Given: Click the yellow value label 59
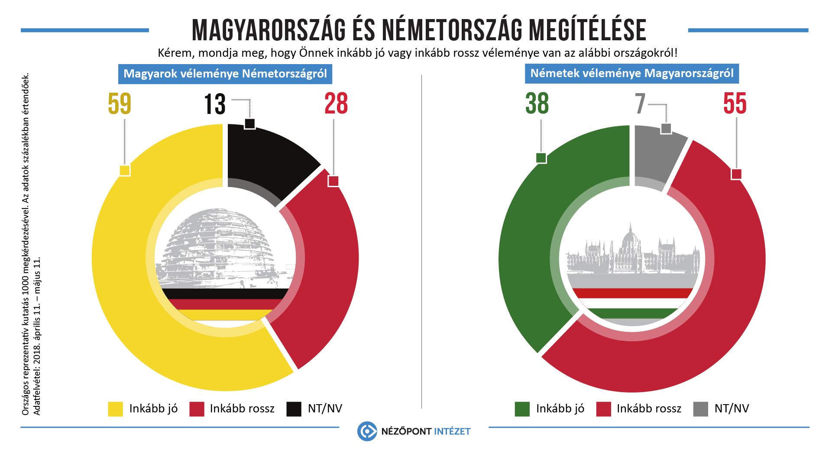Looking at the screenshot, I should click(x=120, y=104).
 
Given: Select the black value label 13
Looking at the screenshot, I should click(x=215, y=104).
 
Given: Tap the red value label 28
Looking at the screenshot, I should click(x=336, y=104).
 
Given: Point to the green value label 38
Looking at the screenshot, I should click(x=537, y=104).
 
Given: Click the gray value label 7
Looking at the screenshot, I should click(x=640, y=104).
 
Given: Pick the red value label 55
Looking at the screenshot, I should click(x=735, y=104).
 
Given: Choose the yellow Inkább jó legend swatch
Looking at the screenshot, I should click(x=115, y=409).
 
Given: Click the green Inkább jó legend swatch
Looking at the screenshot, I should click(x=522, y=409).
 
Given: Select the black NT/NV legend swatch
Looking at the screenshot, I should click(x=294, y=409).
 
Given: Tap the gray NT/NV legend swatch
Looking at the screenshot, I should click(x=700, y=409).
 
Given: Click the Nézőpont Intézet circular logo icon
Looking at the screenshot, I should click(x=367, y=431).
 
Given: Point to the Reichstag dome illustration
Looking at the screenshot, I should click(x=219, y=247).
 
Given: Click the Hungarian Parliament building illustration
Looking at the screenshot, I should click(x=632, y=253).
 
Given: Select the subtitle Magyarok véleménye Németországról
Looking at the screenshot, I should click(x=225, y=74).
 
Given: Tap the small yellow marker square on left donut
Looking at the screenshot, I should click(x=125, y=170).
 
